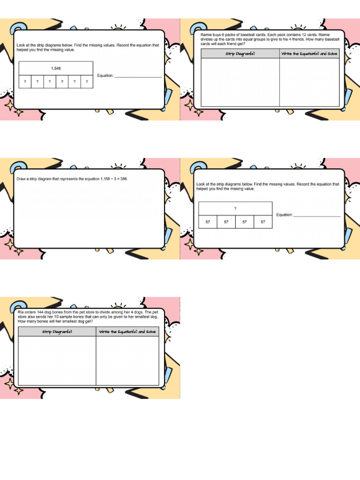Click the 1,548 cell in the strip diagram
coord(56,68)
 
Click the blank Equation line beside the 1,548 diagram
coord(138,76)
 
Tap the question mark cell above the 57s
coord(235,208)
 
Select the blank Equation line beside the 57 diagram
coord(317,215)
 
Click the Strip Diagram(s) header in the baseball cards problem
coord(240,54)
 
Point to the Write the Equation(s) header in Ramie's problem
coord(309,54)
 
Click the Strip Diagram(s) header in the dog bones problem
coord(57,332)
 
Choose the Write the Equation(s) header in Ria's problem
coord(127,332)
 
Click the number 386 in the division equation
coord(123,179)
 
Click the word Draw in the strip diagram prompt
coord(22,179)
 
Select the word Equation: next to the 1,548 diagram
coord(105,75)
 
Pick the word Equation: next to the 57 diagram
coord(284,215)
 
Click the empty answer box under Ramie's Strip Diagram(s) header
coord(240,82)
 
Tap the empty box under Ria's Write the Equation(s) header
coord(127,361)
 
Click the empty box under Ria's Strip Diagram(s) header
coord(57,361)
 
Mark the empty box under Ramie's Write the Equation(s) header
coord(309,82)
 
